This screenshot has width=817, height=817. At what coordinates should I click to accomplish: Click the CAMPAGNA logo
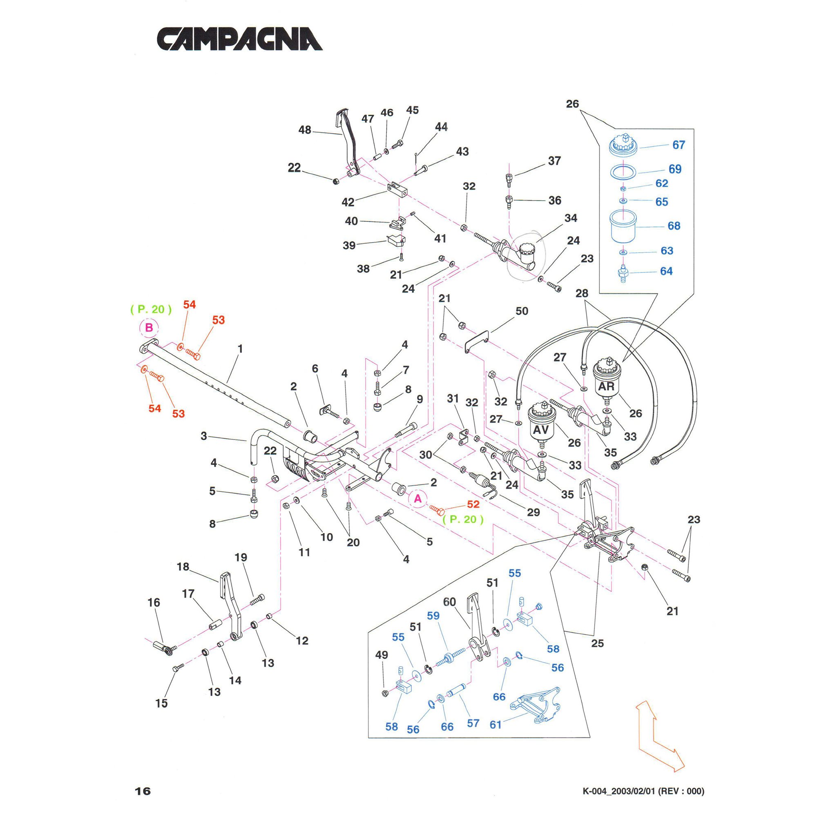click(x=239, y=39)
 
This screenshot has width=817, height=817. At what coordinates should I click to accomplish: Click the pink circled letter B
click(x=149, y=328)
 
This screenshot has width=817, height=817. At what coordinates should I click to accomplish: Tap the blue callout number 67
click(x=678, y=145)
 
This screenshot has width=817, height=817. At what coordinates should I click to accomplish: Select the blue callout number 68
click(x=674, y=226)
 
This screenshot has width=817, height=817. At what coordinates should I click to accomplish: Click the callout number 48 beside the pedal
click(x=304, y=130)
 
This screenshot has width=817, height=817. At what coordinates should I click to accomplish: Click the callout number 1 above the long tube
click(x=240, y=349)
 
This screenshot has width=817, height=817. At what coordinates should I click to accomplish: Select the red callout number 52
click(x=473, y=504)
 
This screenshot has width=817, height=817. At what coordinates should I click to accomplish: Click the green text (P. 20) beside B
click(x=151, y=309)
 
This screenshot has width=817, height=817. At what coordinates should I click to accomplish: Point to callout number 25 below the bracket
click(x=597, y=643)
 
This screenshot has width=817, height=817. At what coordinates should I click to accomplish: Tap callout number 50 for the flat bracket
click(x=521, y=311)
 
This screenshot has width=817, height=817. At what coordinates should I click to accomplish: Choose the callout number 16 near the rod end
click(x=154, y=602)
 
